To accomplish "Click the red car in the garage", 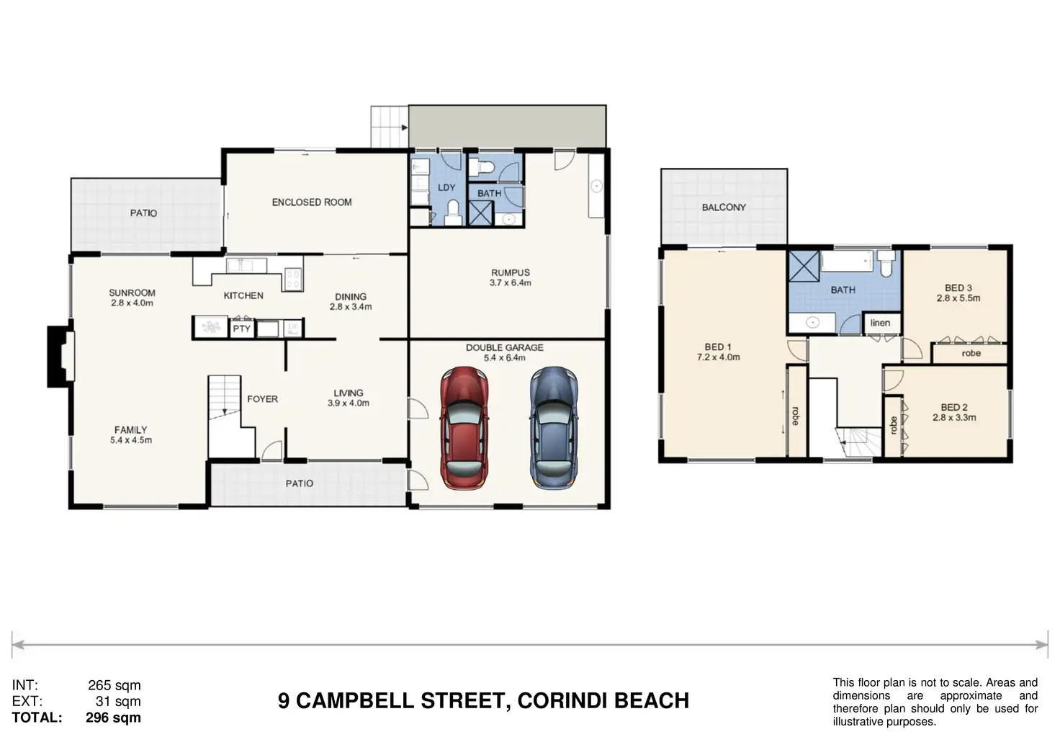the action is click(464, 428).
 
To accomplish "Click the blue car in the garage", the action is click(554, 428).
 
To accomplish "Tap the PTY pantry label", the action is click(241, 329).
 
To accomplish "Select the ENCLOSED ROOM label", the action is click(312, 202).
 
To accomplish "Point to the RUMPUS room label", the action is click(510, 273).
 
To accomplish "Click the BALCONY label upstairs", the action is click(724, 207).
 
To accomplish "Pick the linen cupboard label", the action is click(880, 323).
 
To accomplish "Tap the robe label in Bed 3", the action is click(971, 353).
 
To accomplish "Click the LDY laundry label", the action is click(446, 187).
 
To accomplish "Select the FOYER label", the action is click(262, 399).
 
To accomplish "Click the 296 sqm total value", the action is click(113, 718).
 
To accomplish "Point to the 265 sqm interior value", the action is click(114, 685).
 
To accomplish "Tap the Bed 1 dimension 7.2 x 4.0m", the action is click(718, 357).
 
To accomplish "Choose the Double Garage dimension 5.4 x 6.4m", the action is click(505, 358).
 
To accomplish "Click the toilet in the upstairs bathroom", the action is click(886, 263).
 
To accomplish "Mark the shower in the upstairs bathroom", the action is click(803, 266).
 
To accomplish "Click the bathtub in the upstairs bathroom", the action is click(847, 261).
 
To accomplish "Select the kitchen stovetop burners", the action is click(292, 280).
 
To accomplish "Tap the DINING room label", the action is click(351, 297).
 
